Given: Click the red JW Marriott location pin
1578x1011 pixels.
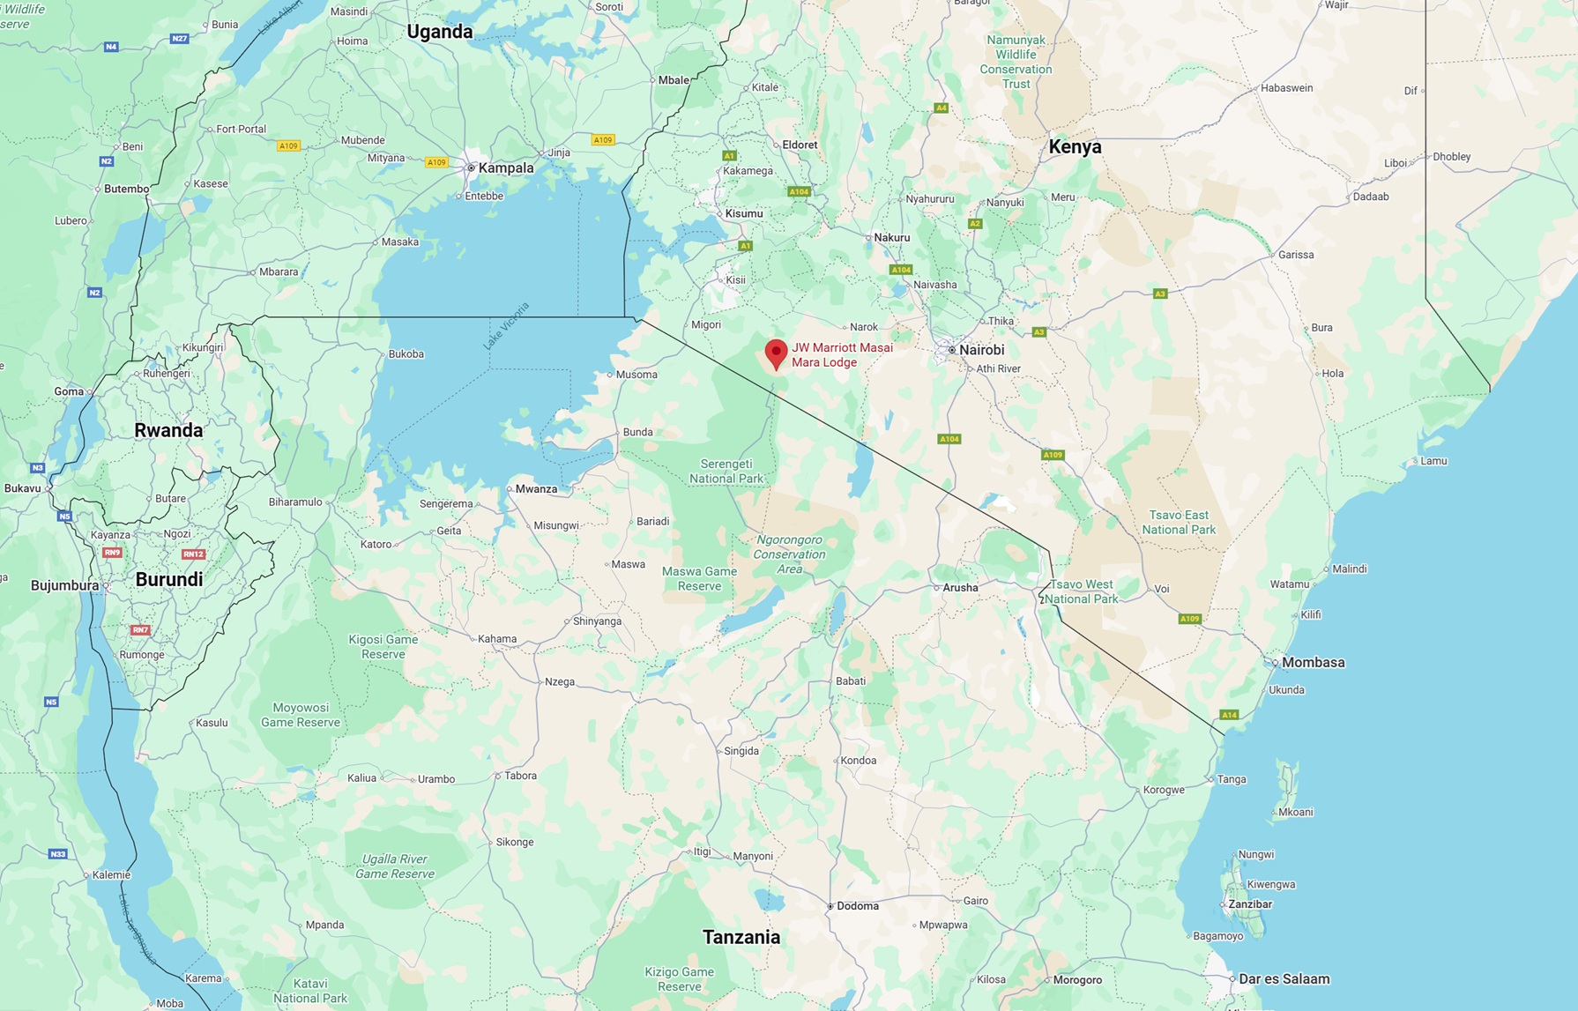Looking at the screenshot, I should [x=776, y=353].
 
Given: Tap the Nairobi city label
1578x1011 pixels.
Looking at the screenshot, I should [x=980, y=350].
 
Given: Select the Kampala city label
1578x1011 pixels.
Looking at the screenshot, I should [x=505, y=167].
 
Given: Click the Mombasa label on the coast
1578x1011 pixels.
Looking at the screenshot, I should [x=1313, y=663].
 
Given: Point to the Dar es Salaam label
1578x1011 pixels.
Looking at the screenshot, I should [x=1284, y=978].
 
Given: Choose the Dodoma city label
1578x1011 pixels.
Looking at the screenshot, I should [x=857, y=906].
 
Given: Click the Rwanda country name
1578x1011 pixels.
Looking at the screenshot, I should [x=168, y=430].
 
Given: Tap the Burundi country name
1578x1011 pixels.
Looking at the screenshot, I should [x=169, y=579].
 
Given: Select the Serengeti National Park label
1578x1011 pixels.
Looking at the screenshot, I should [x=726, y=471].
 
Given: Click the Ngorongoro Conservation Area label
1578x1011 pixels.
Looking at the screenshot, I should [x=789, y=554].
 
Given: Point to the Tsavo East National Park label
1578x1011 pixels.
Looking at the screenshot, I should [x=1179, y=522].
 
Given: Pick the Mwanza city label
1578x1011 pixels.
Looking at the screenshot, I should [x=536, y=489].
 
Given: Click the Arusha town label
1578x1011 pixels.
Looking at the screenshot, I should [x=960, y=588].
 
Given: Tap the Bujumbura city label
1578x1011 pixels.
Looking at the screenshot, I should [x=64, y=585].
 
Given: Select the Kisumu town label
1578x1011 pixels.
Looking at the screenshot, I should [x=743, y=213].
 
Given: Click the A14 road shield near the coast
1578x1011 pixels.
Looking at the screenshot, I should [x=1229, y=715].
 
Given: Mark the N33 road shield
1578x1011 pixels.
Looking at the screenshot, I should [x=57, y=854].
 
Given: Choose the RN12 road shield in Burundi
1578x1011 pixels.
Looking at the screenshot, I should [x=193, y=554].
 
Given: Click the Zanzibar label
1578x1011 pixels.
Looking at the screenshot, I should [x=1249, y=904].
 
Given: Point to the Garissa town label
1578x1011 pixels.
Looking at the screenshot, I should [x=1295, y=255].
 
